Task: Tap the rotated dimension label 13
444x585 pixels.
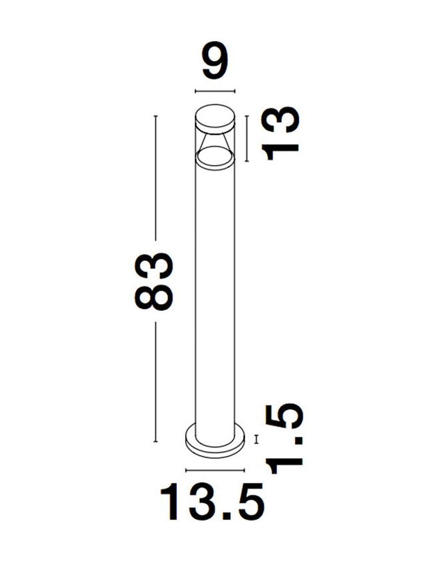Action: (x=280, y=133)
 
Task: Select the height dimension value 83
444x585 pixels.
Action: (x=154, y=281)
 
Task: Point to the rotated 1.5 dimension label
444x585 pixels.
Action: (x=284, y=439)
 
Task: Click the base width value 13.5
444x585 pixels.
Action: (x=212, y=502)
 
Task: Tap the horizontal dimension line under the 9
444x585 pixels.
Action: (x=215, y=91)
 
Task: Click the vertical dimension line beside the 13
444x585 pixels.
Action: (x=246, y=138)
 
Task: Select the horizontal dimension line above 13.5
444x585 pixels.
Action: (x=215, y=470)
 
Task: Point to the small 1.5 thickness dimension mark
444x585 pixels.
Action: (x=256, y=439)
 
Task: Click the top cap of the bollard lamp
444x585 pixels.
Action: (x=215, y=116)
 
